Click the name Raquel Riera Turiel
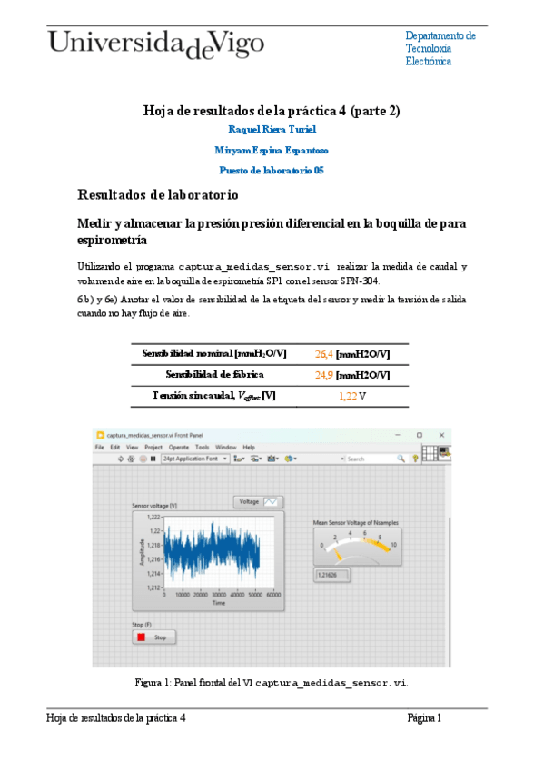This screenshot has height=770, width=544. (x=272, y=130)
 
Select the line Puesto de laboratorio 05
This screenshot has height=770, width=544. (x=272, y=170)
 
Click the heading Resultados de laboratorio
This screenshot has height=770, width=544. (x=158, y=194)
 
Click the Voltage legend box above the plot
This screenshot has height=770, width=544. (x=259, y=501)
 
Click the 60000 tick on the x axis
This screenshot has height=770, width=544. (x=273, y=595)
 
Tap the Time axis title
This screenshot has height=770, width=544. (x=218, y=603)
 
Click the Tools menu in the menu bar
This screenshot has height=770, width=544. (x=202, y=448)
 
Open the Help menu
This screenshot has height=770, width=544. (x=248, y=448)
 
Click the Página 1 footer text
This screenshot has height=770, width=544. (x=424, y=717)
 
